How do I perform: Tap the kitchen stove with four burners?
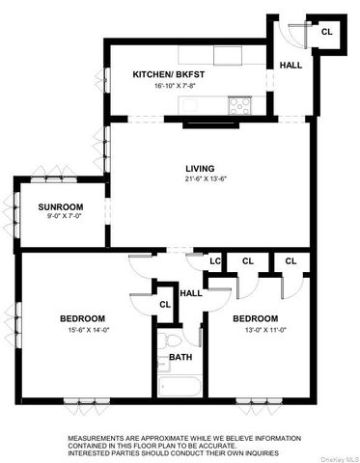(x=238, y=104)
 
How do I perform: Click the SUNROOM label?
(x=60, y=207)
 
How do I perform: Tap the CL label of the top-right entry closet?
(x=326, y=32)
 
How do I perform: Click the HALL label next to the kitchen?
(x=290, y=66)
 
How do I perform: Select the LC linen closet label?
(x=217, y=260)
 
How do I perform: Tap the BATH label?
(x=180, y=357)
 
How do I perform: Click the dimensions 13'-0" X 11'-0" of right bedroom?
(x=254, y=330)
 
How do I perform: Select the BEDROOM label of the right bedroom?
(x=254, y=318)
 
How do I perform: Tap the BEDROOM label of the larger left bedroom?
(x=82, y=318)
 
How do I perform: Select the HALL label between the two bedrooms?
(x=191, y=293)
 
